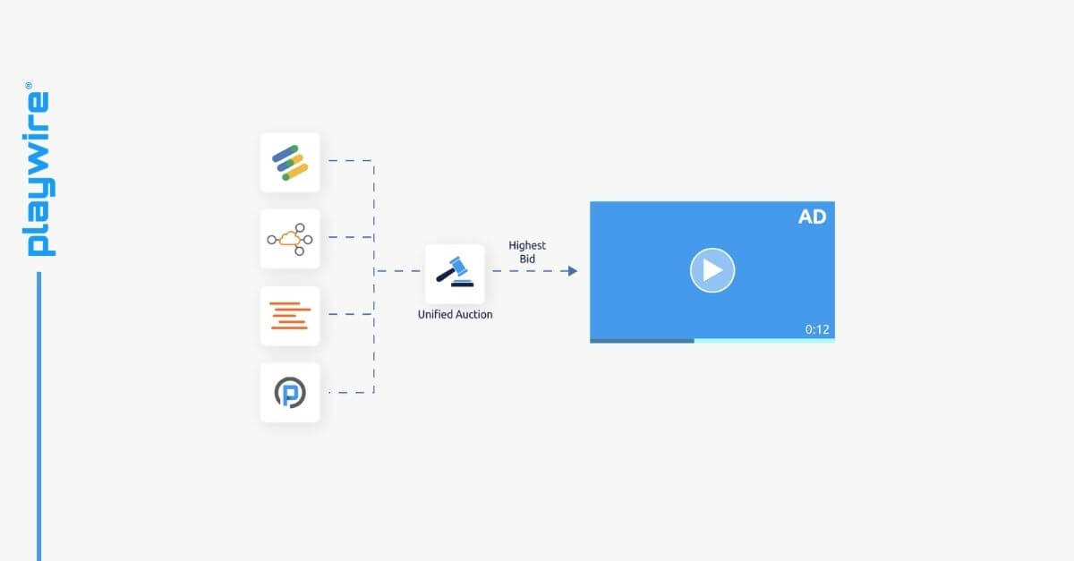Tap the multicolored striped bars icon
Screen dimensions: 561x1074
pyautogui.click(x=290, y=162)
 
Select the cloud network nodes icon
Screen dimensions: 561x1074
pyautogui.click(x=290, y=239)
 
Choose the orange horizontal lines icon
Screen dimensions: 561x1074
pyautogui.click(x=290, y=316)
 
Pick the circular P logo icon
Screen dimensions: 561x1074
pyautogui.click(x=290, y=393)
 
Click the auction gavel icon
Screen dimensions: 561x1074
pyautogui.click(x=455, y=271)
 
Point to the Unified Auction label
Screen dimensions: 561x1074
pyautogui.click(x=455, y=315)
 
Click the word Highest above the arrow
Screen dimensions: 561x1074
pyautogui.click(x=527, y=245)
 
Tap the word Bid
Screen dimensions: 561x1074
pyautogui.click(x=527, y=259)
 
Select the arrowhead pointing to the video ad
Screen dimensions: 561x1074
pyautogui.click(x=573, y=270)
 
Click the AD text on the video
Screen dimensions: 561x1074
pyautogui.click(x=812, y=217)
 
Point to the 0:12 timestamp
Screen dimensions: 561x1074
pyautogui.click(x=817, y=329)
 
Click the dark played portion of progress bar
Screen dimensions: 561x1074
pyautogui.click(x=641, y=340)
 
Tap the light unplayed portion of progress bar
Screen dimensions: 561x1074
pyautogui.click(x=763, y=340)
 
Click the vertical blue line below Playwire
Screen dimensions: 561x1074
pyautogui.click(x=38, y=412)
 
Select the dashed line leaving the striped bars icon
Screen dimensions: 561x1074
pyautogui.click(x=349, y=161)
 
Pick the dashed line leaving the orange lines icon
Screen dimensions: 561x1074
pyautogui.click(x=349, y=315)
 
